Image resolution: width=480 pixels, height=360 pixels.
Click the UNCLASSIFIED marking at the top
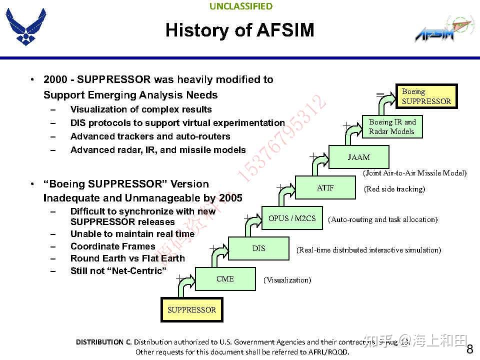pyautogui.click(x=241, y=6)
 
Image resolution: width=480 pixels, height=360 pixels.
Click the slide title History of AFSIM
pyautogui.click(x=239, y=30)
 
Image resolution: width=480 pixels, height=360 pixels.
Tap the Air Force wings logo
pyautogui.click(x=25, y=27)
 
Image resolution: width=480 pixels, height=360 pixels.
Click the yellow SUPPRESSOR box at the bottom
pyautogui.click(x=191, y=310)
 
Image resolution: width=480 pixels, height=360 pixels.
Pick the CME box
pyautogui.click(x=225, y=279)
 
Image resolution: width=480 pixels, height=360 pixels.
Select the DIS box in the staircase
pyautogui.click(x=258, y=248)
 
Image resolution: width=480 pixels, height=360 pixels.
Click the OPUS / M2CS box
pyautogui.click(x=292, y=218)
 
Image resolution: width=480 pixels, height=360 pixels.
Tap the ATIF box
pyautogui.click(x=325, y=188)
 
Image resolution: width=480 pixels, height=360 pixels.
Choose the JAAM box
pyautogui.click(x=358, y=157)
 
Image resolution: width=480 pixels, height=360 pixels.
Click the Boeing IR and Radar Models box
pyautogui.click(x=392, y=126)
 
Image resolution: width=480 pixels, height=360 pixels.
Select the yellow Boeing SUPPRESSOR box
pyautogui.click(x=426, y=96)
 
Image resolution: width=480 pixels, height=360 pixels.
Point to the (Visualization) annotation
pyautogui.click(x=287, y=280)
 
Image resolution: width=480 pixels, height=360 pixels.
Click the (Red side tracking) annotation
pyautogui.click(x=394, y=189)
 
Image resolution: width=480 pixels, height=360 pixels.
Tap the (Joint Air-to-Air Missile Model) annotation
pyautogui.click(x=414, y=173)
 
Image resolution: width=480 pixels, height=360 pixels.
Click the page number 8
pyautogui.click(x=469, y=349)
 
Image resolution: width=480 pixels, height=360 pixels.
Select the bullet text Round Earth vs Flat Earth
pyautogui.click(x=127, y=258)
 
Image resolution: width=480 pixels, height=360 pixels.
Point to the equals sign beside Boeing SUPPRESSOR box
pyautogui.click(x=380, y=93)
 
